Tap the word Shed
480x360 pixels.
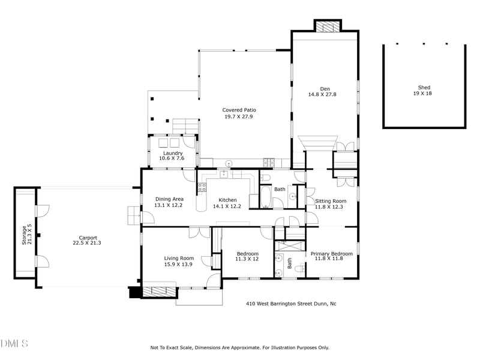424,87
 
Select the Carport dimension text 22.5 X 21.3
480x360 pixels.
87,243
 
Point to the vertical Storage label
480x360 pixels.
25,235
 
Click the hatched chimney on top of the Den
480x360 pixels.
328,27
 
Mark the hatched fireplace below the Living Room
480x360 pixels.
160,292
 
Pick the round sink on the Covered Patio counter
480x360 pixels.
229,163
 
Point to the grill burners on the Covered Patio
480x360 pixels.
268,162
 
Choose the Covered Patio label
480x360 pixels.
239,110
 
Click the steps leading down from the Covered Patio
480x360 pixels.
184,127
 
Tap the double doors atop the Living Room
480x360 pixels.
199,233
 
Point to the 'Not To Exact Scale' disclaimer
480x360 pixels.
239,347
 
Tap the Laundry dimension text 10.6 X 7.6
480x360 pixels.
172,158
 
